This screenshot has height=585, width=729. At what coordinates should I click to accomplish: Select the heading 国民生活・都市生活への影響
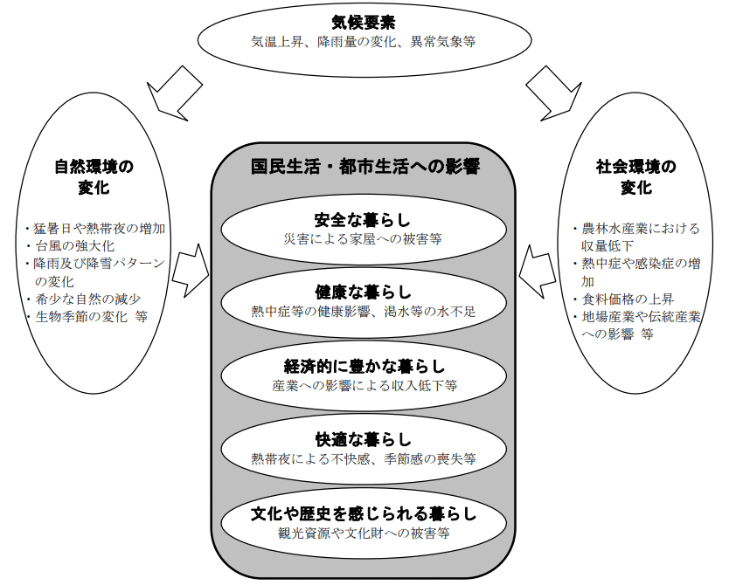click(364, 166)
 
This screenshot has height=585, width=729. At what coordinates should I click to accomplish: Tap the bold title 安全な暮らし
click(363, 218)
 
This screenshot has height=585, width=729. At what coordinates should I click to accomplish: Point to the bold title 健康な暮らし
click(363, 291)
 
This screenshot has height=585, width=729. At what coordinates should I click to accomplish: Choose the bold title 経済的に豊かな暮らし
click(363, 365)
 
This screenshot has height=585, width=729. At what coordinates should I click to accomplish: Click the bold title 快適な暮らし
click(363, 438)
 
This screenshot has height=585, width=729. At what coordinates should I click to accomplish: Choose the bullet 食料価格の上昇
click(621, 299)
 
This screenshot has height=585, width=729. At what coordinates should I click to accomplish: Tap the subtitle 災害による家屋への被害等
click(363, 237)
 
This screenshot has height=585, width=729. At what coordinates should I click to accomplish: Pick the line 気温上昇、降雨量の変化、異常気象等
click(363, 42)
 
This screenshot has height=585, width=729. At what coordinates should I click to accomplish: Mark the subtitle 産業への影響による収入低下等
click(363, 384)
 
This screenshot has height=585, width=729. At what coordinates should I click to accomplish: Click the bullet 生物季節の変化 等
click(88, 316)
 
